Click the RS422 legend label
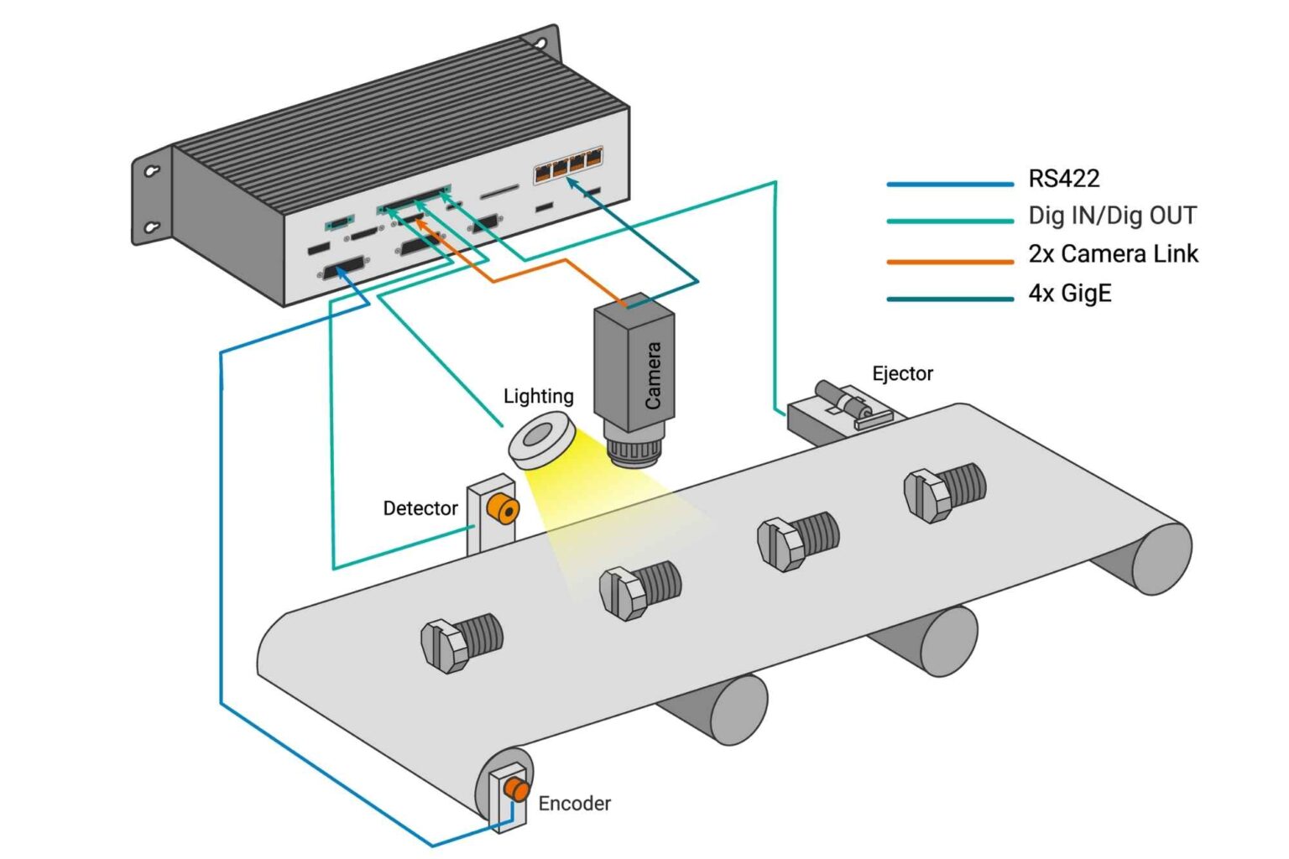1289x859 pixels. click(1063, 178)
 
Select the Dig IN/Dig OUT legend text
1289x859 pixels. click(1112, 216)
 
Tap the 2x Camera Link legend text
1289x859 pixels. click(1113, 253)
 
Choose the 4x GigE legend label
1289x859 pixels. click(1069, 293)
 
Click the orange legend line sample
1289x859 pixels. click(950, 262)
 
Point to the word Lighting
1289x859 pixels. click(538, 396)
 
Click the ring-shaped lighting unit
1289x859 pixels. click(541, 441)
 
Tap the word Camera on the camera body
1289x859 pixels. click(653, 375)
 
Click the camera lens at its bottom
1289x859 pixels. click(636, 450)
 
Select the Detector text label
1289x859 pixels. click(420, 508)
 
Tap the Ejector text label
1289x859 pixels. click(902, 373)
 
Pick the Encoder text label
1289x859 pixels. click(574, 804)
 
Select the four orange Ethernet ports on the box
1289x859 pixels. click(568, 164)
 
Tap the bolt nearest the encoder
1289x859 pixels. click(461, 643)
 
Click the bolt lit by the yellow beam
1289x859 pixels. click(639, 590)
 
